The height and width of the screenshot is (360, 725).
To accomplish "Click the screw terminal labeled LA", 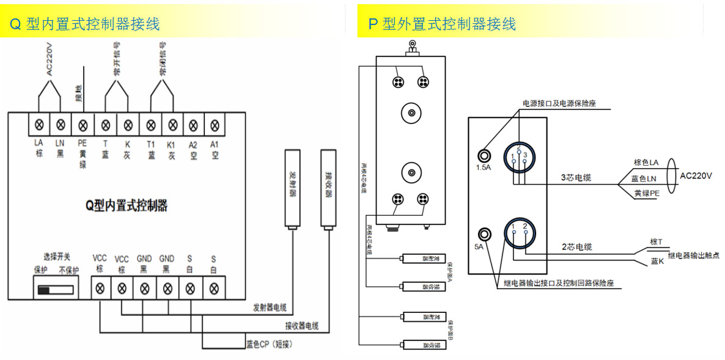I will pyautogui.click(x=40, y=125).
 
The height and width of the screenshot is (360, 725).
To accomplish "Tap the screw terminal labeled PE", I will pyautogui.click(x=83, y=125).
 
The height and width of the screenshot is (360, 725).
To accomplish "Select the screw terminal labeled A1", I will pyautogui.click(x=215, y=125).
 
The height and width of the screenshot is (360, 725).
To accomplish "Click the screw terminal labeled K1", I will pyautogui.click(x=171, y=125).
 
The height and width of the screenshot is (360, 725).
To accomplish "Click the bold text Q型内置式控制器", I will pyautogui.click(x=127, y=205).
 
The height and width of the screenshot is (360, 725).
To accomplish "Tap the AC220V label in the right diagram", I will pyautogui.click(x=696, y=176).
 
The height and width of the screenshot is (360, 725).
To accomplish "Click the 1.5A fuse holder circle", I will pyautogui.click(x=486, y=156).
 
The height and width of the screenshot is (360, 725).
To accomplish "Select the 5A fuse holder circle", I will pyautogui.click(x=486, y=234).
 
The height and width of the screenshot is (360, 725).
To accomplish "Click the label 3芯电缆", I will pyautogui.click(x=576, y=178).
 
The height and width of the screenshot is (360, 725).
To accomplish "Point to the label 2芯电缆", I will pyautogui.click(x=576, y=248).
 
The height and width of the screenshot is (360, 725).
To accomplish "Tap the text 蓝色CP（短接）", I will pyautogui.click(x=270, y=344).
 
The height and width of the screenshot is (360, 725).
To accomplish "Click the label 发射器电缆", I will pyautogui.click(x=269, y=307).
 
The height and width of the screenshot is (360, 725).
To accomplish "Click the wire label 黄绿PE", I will pyautogui.click(x=647, y=193).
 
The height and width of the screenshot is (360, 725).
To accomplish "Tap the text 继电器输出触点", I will pyautogui.click(x=693, y=255).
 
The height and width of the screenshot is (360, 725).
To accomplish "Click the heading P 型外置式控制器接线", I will pyautogui.click(x=442, y=24).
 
